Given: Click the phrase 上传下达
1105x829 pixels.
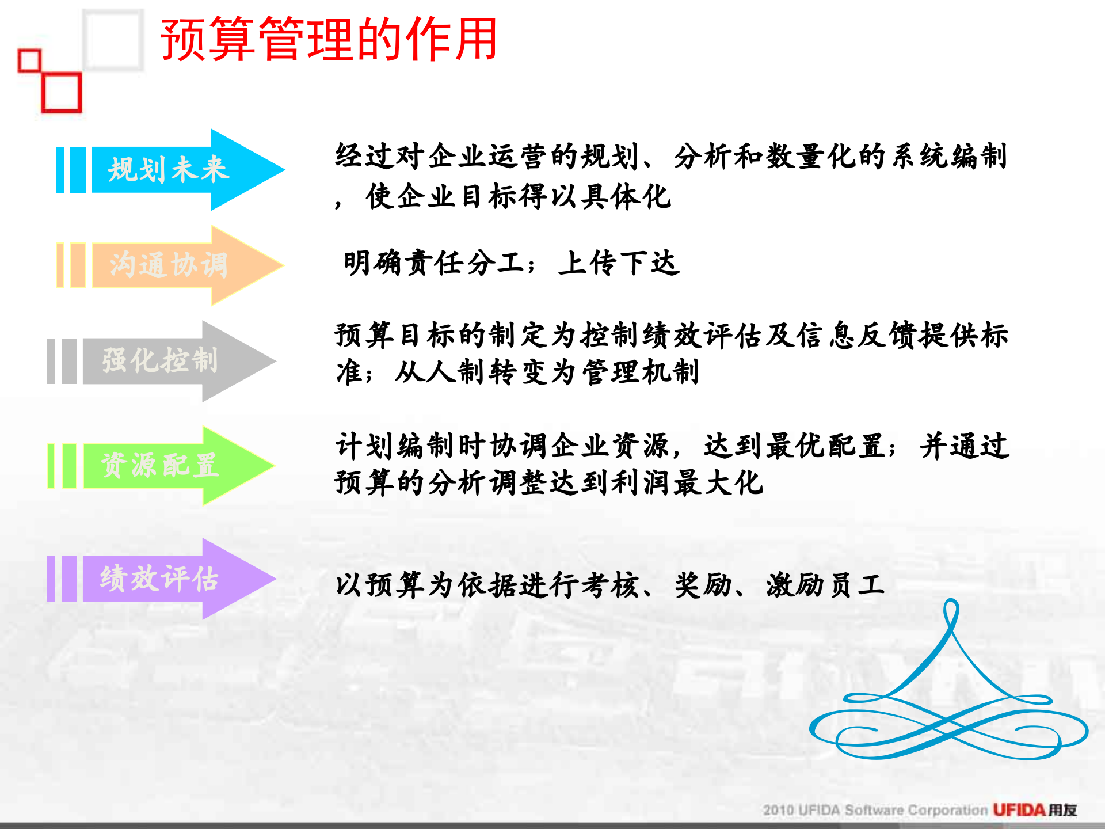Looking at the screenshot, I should click(x=619, y=264).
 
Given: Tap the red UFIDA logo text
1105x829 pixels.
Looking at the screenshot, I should click(x=1019, y=810).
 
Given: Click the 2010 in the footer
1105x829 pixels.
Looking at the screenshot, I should click(x=778, y=811).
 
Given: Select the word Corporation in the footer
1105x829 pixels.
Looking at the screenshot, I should click(x=947, y=811).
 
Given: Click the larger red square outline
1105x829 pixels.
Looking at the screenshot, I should click(x=62, y=92).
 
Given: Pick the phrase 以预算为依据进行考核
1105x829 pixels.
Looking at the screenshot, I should click(x=487, y=585).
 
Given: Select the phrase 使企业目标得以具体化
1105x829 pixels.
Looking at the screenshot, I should click(x=518, y=197).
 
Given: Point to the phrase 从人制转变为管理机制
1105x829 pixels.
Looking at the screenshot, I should click(x=547, y=372).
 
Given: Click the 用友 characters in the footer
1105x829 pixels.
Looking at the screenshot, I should click(x=1062, y=810).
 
